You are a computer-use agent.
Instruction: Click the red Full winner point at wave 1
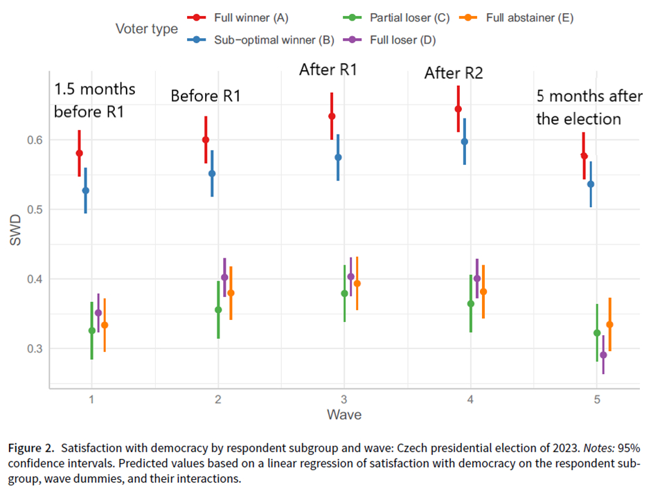79,153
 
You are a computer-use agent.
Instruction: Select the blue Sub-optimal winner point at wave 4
465,141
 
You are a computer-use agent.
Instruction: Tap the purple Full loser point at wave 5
603,355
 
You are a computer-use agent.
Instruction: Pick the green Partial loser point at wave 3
344,294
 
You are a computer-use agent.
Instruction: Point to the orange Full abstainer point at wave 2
231,293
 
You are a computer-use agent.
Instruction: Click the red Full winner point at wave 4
458,109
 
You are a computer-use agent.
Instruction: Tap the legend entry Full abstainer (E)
529,17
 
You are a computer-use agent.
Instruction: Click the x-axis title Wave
344,415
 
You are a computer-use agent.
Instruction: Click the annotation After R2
453,73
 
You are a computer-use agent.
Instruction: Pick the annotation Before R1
206,96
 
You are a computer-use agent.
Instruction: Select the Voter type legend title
146,29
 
